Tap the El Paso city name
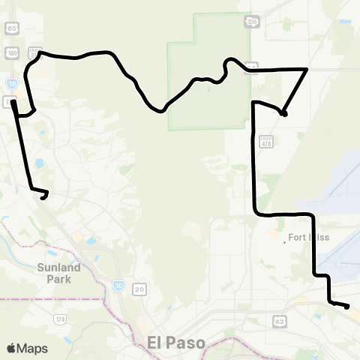pos(173,341)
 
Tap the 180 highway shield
pos(10,53)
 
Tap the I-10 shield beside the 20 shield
pos(120,285)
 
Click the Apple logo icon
pos(11,348)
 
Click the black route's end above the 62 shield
pos(348,306)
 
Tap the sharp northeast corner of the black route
pos(307,69)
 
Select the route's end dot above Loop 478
pos(283,113)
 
